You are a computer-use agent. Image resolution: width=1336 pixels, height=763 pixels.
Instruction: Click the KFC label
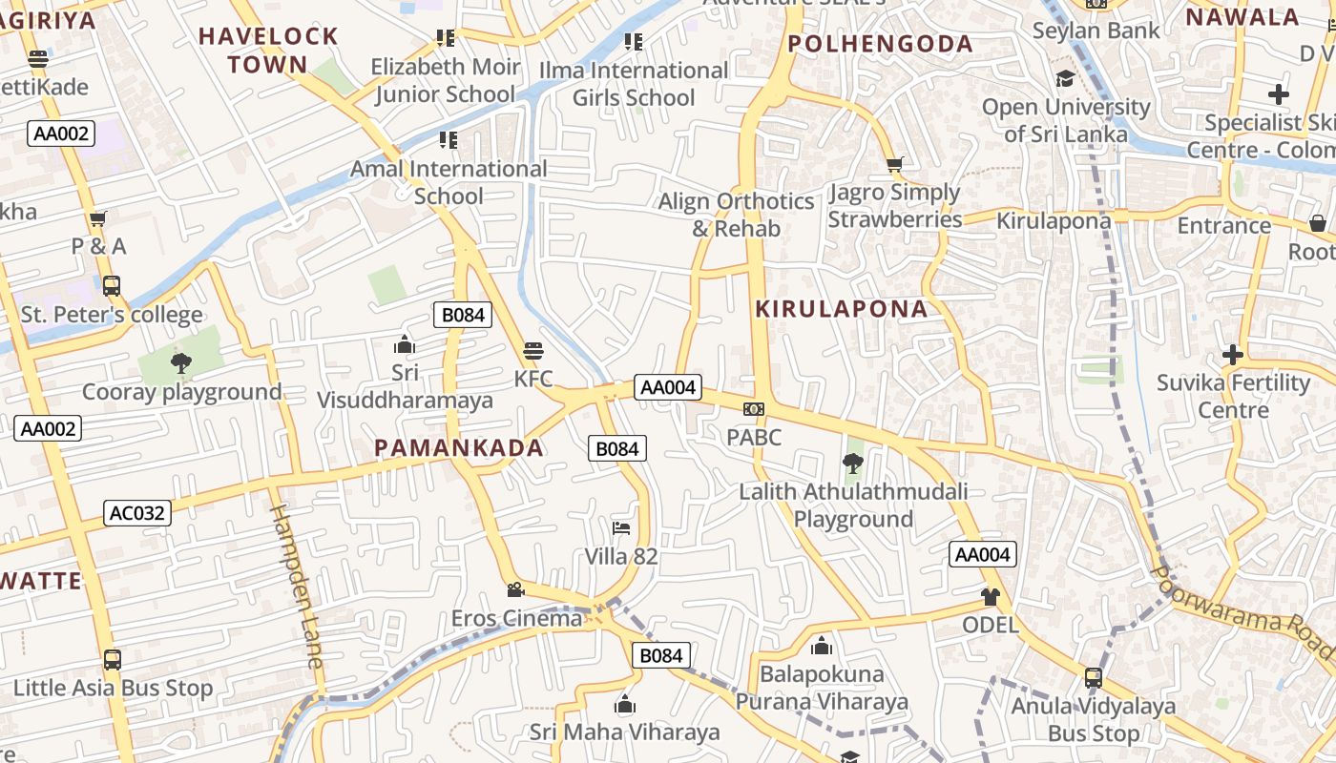[x=532, y=379]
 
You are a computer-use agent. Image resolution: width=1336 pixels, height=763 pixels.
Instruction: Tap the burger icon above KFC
[x=532, y=351]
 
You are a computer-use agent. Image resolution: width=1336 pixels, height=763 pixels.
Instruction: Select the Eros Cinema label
[x=516, y=618]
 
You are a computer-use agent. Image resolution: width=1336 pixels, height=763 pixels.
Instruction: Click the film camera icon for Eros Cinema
[x=515, y=589]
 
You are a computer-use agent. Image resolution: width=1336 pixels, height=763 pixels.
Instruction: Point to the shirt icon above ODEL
[x=990, y=597]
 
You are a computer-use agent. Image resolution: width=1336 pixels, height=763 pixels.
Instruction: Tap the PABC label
[x=754, y=437]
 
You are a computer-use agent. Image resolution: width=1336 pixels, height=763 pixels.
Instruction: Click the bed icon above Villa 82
[x=621, y=527]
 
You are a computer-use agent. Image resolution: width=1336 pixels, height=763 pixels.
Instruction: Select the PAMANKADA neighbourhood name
[x=459, y=447]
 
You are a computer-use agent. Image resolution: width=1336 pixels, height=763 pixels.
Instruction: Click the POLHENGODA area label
[x=881, y=44]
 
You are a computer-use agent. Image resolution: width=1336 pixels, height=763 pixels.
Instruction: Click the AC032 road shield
[x=137, y=513]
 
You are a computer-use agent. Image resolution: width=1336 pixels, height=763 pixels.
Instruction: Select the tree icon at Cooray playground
[x=180, y=362]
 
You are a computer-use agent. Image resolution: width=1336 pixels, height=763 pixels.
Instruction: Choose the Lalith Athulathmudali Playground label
[x=853, y=505]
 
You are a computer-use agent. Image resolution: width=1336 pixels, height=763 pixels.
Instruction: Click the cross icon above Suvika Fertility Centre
[x=1233, y=355]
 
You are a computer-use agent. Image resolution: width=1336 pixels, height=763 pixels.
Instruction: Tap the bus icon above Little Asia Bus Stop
[x=112, y=659]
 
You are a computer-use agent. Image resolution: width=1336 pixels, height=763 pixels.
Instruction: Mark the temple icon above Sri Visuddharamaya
[x=405, y=344]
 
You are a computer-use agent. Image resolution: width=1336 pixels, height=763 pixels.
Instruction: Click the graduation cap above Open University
[x=1065, y=78]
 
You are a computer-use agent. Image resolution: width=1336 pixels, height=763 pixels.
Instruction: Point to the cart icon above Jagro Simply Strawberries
[x=894, y=165]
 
